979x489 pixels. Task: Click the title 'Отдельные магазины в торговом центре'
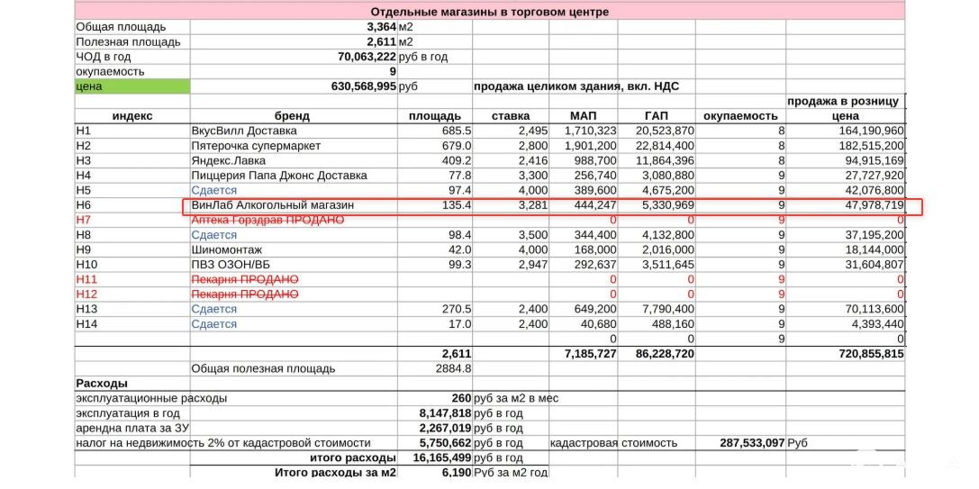[489, 12]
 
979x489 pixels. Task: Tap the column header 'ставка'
[511, 116]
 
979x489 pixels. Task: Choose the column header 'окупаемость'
[739, 116]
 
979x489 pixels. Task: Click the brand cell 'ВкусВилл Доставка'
[244, 131]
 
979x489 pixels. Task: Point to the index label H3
[84, 161]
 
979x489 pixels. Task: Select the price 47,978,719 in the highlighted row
[866, 205]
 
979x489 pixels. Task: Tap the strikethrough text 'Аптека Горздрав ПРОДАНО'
[267, 221]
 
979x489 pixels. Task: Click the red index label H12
[86, 294]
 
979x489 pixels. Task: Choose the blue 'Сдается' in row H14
[214, 324]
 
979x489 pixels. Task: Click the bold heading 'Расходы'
[102, 384]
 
